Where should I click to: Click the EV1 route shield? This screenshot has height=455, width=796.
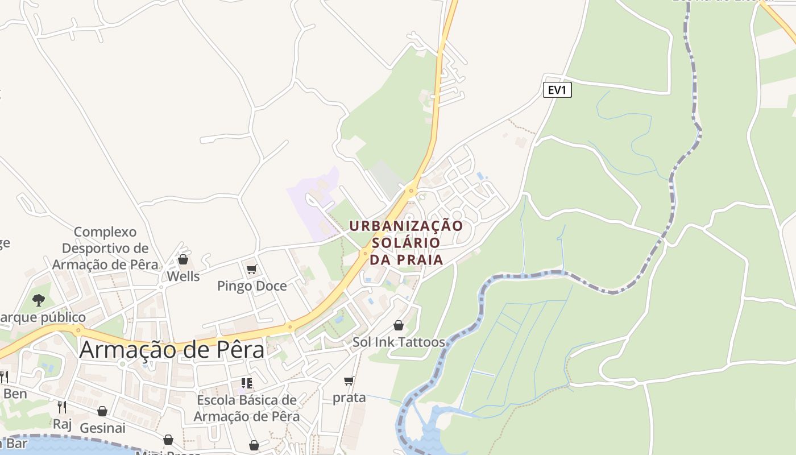click(x=557, y=90)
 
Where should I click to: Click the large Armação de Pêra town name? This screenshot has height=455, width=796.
click(x=172, y=349)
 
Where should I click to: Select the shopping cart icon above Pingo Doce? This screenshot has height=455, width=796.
click(x=251, y=269)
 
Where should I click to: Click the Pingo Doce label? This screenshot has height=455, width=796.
click(x=252, y=286)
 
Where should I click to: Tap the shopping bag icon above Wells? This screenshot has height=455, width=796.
click(x=183, y=259)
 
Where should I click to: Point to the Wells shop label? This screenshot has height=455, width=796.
click(x=183, y=276)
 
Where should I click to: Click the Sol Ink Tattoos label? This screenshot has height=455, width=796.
click(x=399, y=342)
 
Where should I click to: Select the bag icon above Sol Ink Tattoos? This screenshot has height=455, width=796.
click(x=399, y=325)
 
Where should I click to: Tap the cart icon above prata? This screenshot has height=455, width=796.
click(x=349, y=380)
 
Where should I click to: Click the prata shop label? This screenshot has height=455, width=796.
click(x=349, y=398)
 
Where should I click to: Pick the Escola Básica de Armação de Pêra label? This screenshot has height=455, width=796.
click(x=247, y=408)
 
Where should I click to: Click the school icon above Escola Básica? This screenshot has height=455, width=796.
click(x=246, y=383)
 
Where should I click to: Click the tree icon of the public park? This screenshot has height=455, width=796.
click(x=39, y=300)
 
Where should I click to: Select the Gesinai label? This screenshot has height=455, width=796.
click(x=102, y=428)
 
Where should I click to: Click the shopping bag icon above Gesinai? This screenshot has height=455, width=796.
click(x=102, y=411)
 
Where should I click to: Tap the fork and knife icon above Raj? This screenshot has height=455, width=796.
click(x=62, y=407)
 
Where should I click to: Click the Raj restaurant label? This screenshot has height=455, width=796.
click(x=62, y=424)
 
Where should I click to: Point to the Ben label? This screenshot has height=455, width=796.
click(x=15, y=394)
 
